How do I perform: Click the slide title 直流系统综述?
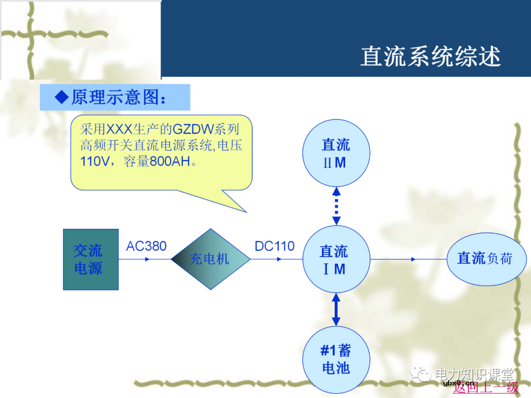pyautogui.click(x=430, y=57)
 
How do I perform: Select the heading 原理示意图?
pyautogui.click(x=118, y=97)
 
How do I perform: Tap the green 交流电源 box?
pyautogui.click(x=90, y=259)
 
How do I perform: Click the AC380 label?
pyautogui.click(x=146, y=246)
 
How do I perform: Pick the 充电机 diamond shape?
pyautogui.click(x=210, y=259)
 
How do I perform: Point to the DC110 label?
pyautogui.click(x=274, y=246)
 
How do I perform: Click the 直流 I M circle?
pyautogui.click(x=336, y=259)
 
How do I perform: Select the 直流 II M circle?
pyautogui.click(x=336, y=153)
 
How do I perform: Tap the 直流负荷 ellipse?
pyautogui.click(x=485, y=258)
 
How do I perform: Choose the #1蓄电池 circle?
pyautogui.click(x=336, y=360)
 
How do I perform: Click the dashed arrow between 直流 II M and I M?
pyautogui.click(x=336, y=206)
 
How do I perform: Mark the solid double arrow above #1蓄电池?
pyautogui.click(x=336, y=310)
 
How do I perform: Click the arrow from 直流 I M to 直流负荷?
pyautogui.click(x=408, y=259)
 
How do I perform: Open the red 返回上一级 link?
pyautogui.click(x=486, y=388)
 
